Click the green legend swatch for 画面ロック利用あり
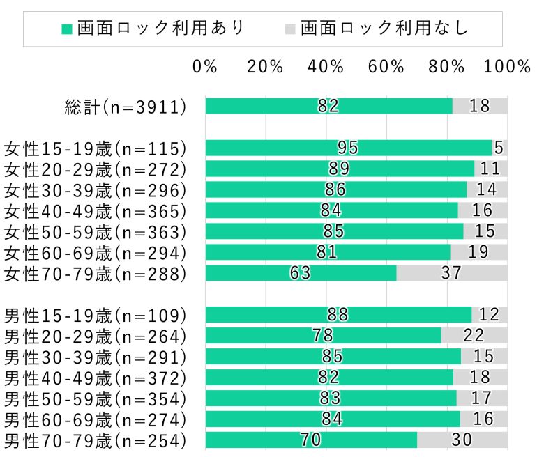[x=67, y=29]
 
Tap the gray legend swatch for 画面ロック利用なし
[x=290, y=29]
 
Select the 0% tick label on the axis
[x=205, y=67]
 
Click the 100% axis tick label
[x=508, y=67]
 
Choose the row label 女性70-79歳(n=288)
[x=96, y=273]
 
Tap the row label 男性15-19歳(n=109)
[x=96, y=315]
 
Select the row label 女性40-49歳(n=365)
[x=96, y=210]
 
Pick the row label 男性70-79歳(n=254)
[x=96, y=440]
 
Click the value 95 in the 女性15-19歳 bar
[x=347, y=148]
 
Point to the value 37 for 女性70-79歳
[x=451, y=273]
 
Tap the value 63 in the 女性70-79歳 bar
[x=300, y=273]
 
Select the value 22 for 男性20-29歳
[x=474, y=336]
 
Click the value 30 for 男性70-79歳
[x=462, y=440]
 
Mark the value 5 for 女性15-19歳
[x=499, y=148]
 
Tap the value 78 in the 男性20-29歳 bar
[x=322, y=336]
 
